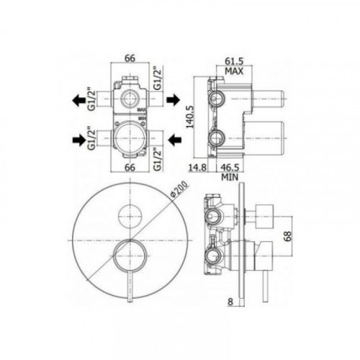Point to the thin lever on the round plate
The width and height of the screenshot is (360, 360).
[130, 284]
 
